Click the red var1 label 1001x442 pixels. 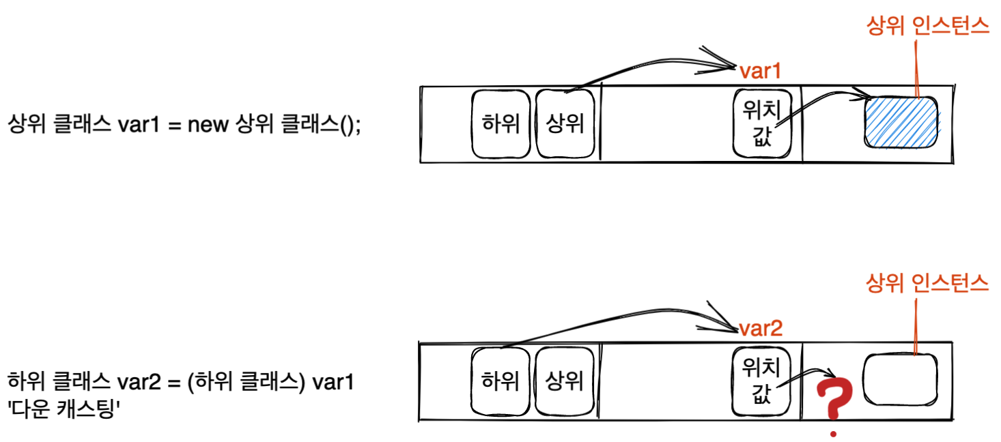tap(759, 70)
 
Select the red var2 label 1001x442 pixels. tap(760, 329)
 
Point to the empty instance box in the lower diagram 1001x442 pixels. tap(900, 379)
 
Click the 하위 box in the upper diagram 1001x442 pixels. tap(500, 124)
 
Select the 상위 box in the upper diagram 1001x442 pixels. tap(565, 124)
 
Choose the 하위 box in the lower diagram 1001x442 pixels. tap(500, 381)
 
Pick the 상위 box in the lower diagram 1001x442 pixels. tap(565, 381)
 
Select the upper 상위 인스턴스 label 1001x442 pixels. tap(927, 27)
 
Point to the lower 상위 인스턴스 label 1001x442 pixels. tap(927, 283)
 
